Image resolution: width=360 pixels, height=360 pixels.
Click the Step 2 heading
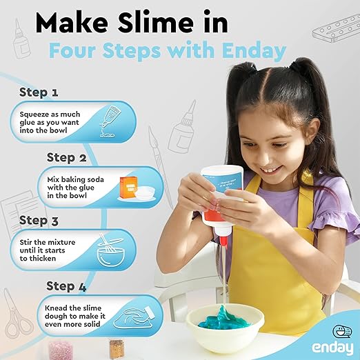66,157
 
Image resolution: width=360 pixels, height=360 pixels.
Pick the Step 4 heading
66,285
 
